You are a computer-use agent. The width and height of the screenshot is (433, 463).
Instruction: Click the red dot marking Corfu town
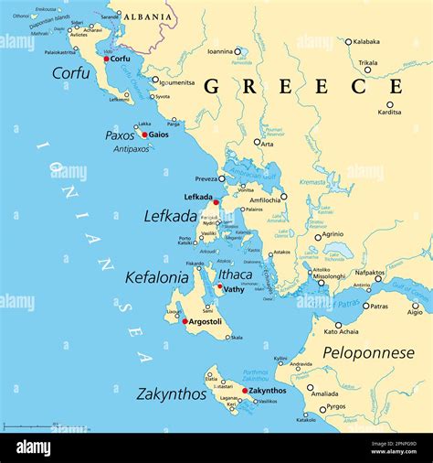click(107, 59)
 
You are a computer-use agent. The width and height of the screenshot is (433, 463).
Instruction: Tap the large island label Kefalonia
click(156, 276)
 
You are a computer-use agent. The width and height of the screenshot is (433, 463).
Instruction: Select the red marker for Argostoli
click(185, 321)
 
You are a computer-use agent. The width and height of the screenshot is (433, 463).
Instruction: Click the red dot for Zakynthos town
click(244, 391)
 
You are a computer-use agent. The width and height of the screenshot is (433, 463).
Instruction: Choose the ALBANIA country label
click(147, 16)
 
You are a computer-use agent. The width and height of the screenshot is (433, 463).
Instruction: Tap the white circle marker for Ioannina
click(238, 52)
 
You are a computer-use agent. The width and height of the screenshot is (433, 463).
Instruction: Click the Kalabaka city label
click(366, 41)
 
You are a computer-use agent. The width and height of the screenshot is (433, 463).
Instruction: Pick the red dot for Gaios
click(144, 135)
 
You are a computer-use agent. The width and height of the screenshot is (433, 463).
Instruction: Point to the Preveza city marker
click(221, 179)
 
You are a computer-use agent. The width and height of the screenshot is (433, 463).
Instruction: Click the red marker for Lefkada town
click(216, 202)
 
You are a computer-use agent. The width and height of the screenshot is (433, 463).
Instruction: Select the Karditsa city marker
click(390, 103)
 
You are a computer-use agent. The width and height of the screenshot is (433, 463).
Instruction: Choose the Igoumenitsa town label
click(177, 82)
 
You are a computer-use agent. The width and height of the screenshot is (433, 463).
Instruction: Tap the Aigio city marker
click(417, 303)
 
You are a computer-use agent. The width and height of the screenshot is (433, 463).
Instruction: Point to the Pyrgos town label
click(336, 406)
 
